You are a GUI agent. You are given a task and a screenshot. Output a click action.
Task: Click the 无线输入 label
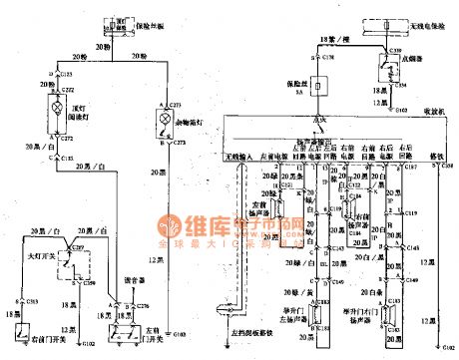(239, 157)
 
